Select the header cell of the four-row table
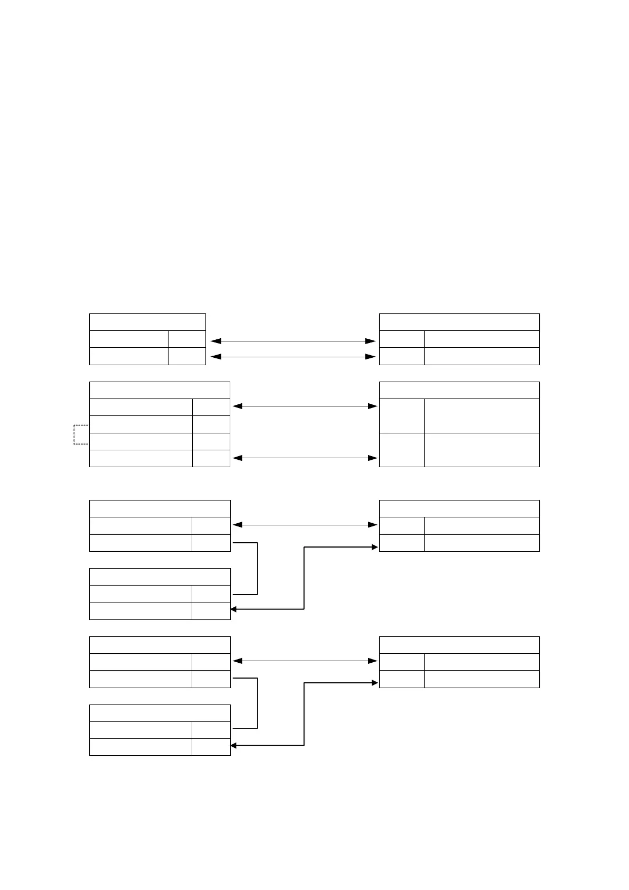[159, 390]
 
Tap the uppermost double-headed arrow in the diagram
[293, 341]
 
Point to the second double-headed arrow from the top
[293, 357]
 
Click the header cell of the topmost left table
[147, 322]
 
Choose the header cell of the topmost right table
[459, 322]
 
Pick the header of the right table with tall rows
[459, 390]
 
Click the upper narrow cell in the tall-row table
[401, 416]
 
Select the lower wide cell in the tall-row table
[481, 450]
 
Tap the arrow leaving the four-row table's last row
[305, 458]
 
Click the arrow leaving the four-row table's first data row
[305, 406]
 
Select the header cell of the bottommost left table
[159, 713]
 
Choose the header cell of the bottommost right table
[459, 645]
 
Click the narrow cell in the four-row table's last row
[211, 458]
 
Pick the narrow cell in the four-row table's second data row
[211, 424]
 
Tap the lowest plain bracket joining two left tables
[257, 703]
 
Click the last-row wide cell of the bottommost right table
[481, 679]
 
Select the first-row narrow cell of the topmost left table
[187, 339]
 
